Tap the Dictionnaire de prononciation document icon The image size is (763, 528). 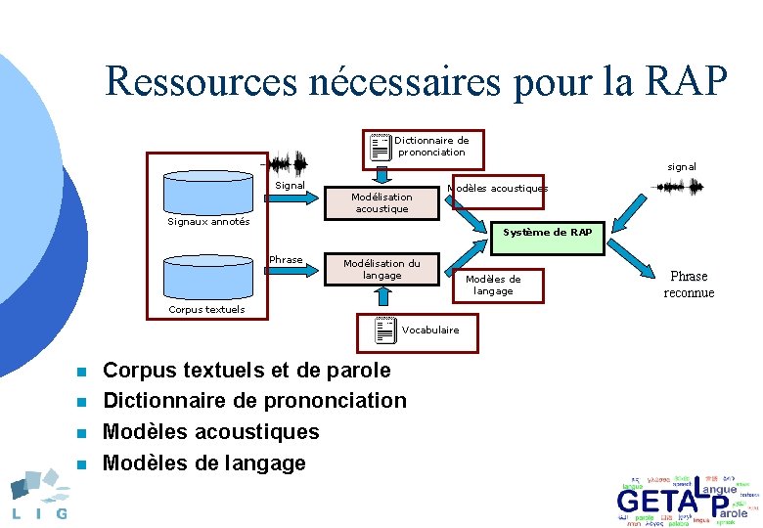point(381,147)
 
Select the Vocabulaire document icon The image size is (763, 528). point(384,331)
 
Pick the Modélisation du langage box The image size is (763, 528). point(381,269)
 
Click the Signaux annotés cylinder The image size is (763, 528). point(207,192)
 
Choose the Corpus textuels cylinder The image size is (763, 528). point(207,278)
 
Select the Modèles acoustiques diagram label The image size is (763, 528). point(497,188)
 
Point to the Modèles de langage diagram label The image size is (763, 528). point(493,285)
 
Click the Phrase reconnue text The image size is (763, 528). point(689,285)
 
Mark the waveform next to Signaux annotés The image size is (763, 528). point(288,163)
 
